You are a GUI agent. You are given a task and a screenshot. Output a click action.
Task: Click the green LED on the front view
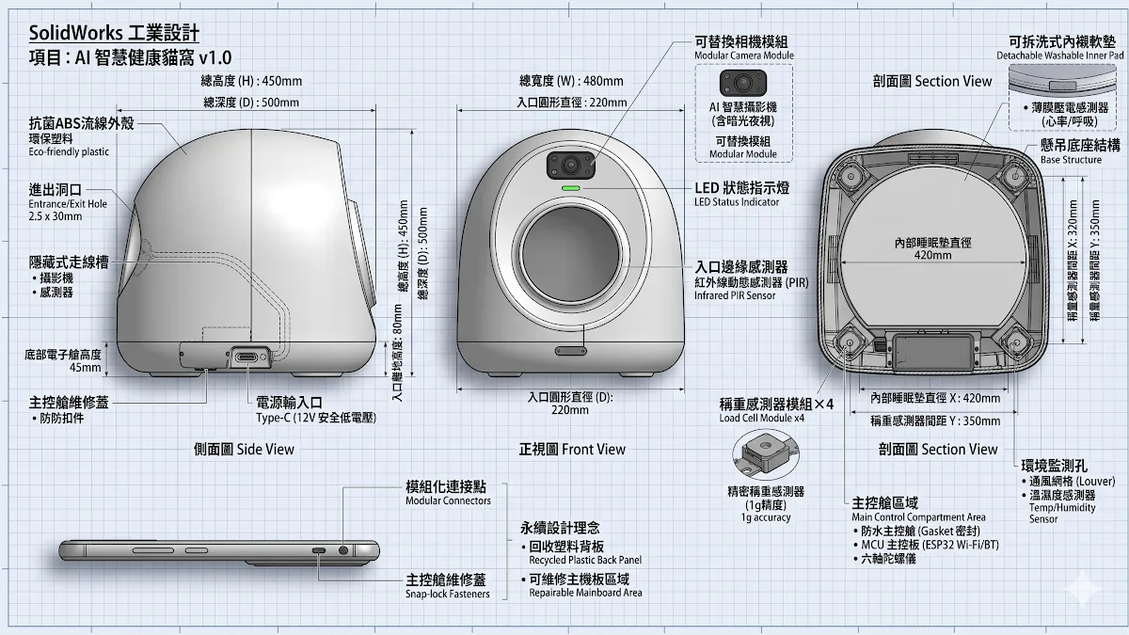point(571,188)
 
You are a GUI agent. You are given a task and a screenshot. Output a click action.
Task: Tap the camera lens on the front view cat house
point(570,165)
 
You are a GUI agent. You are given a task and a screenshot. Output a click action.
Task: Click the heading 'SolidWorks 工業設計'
point(114,33)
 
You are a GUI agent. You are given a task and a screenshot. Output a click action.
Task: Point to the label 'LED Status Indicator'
point(737,202)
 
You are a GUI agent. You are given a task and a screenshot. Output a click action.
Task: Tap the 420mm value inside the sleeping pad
point(933,256)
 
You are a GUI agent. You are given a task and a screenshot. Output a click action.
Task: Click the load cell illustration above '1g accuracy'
point(766,454)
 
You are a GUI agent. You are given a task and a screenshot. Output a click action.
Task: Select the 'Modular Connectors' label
point(448,500)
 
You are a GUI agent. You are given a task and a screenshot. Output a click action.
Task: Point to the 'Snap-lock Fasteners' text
point(448,595)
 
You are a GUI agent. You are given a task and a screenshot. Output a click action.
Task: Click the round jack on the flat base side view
point(343,550)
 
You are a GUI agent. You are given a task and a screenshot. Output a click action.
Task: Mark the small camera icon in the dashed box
point(743,83)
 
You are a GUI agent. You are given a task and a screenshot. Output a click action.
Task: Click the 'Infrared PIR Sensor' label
point(735,295)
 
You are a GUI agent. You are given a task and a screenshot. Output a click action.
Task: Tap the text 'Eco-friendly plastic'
point(69,151)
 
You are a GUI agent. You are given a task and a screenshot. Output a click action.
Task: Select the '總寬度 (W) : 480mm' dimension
point(571,81)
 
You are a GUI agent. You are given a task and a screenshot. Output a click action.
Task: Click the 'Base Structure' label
point(1071,160)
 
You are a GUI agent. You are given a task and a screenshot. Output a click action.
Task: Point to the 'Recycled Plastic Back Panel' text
point(585,560)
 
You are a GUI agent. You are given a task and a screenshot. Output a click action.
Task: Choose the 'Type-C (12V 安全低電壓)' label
point(316,418)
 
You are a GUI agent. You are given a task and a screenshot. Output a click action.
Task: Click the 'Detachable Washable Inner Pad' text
point(1060,56)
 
